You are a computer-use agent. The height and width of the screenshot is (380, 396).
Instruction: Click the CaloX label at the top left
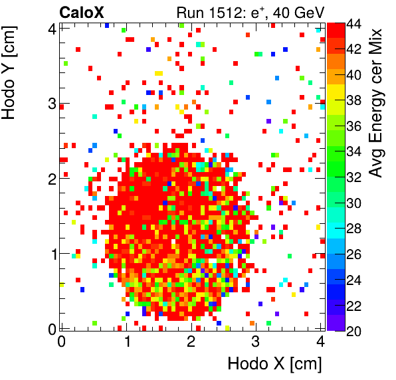pos(83,11)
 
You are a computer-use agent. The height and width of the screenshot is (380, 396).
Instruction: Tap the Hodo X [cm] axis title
pos(274,364)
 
